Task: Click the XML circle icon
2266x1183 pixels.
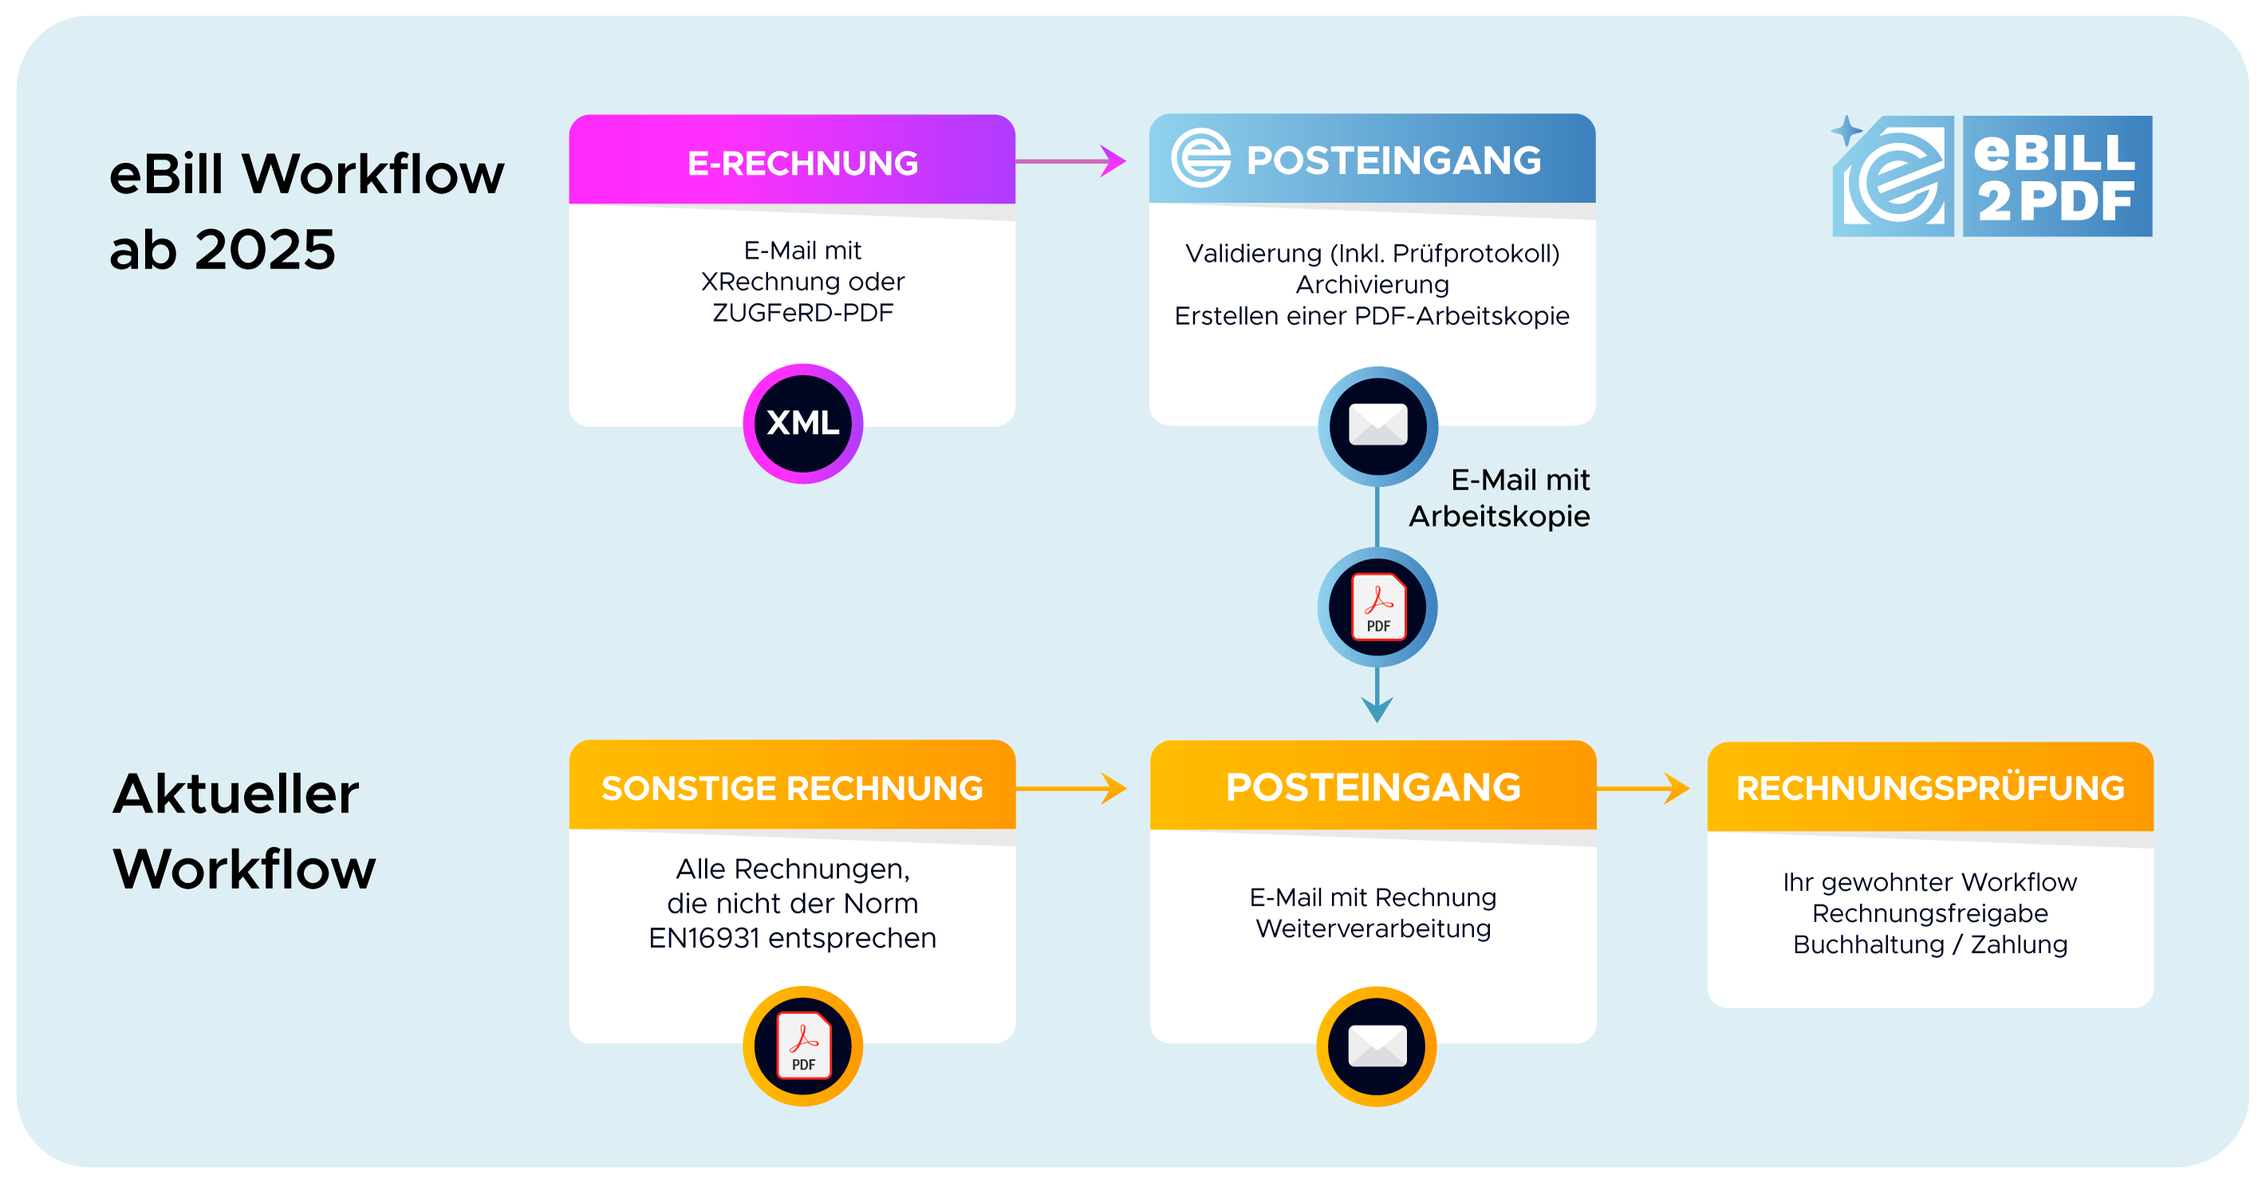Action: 802,424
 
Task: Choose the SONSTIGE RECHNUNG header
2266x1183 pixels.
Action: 792,788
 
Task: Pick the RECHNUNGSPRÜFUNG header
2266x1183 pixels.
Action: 1930,788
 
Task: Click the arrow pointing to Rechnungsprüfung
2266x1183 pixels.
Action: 1643,788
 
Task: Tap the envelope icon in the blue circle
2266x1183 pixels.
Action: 1377,426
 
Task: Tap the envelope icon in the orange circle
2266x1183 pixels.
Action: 1377,1046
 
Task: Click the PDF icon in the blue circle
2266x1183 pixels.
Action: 1377,607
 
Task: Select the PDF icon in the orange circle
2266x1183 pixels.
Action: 802,1046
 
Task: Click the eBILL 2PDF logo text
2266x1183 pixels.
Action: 2055,177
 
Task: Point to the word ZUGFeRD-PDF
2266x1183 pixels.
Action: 802,313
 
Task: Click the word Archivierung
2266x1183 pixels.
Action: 1372,285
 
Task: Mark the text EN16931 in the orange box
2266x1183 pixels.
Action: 703,938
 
